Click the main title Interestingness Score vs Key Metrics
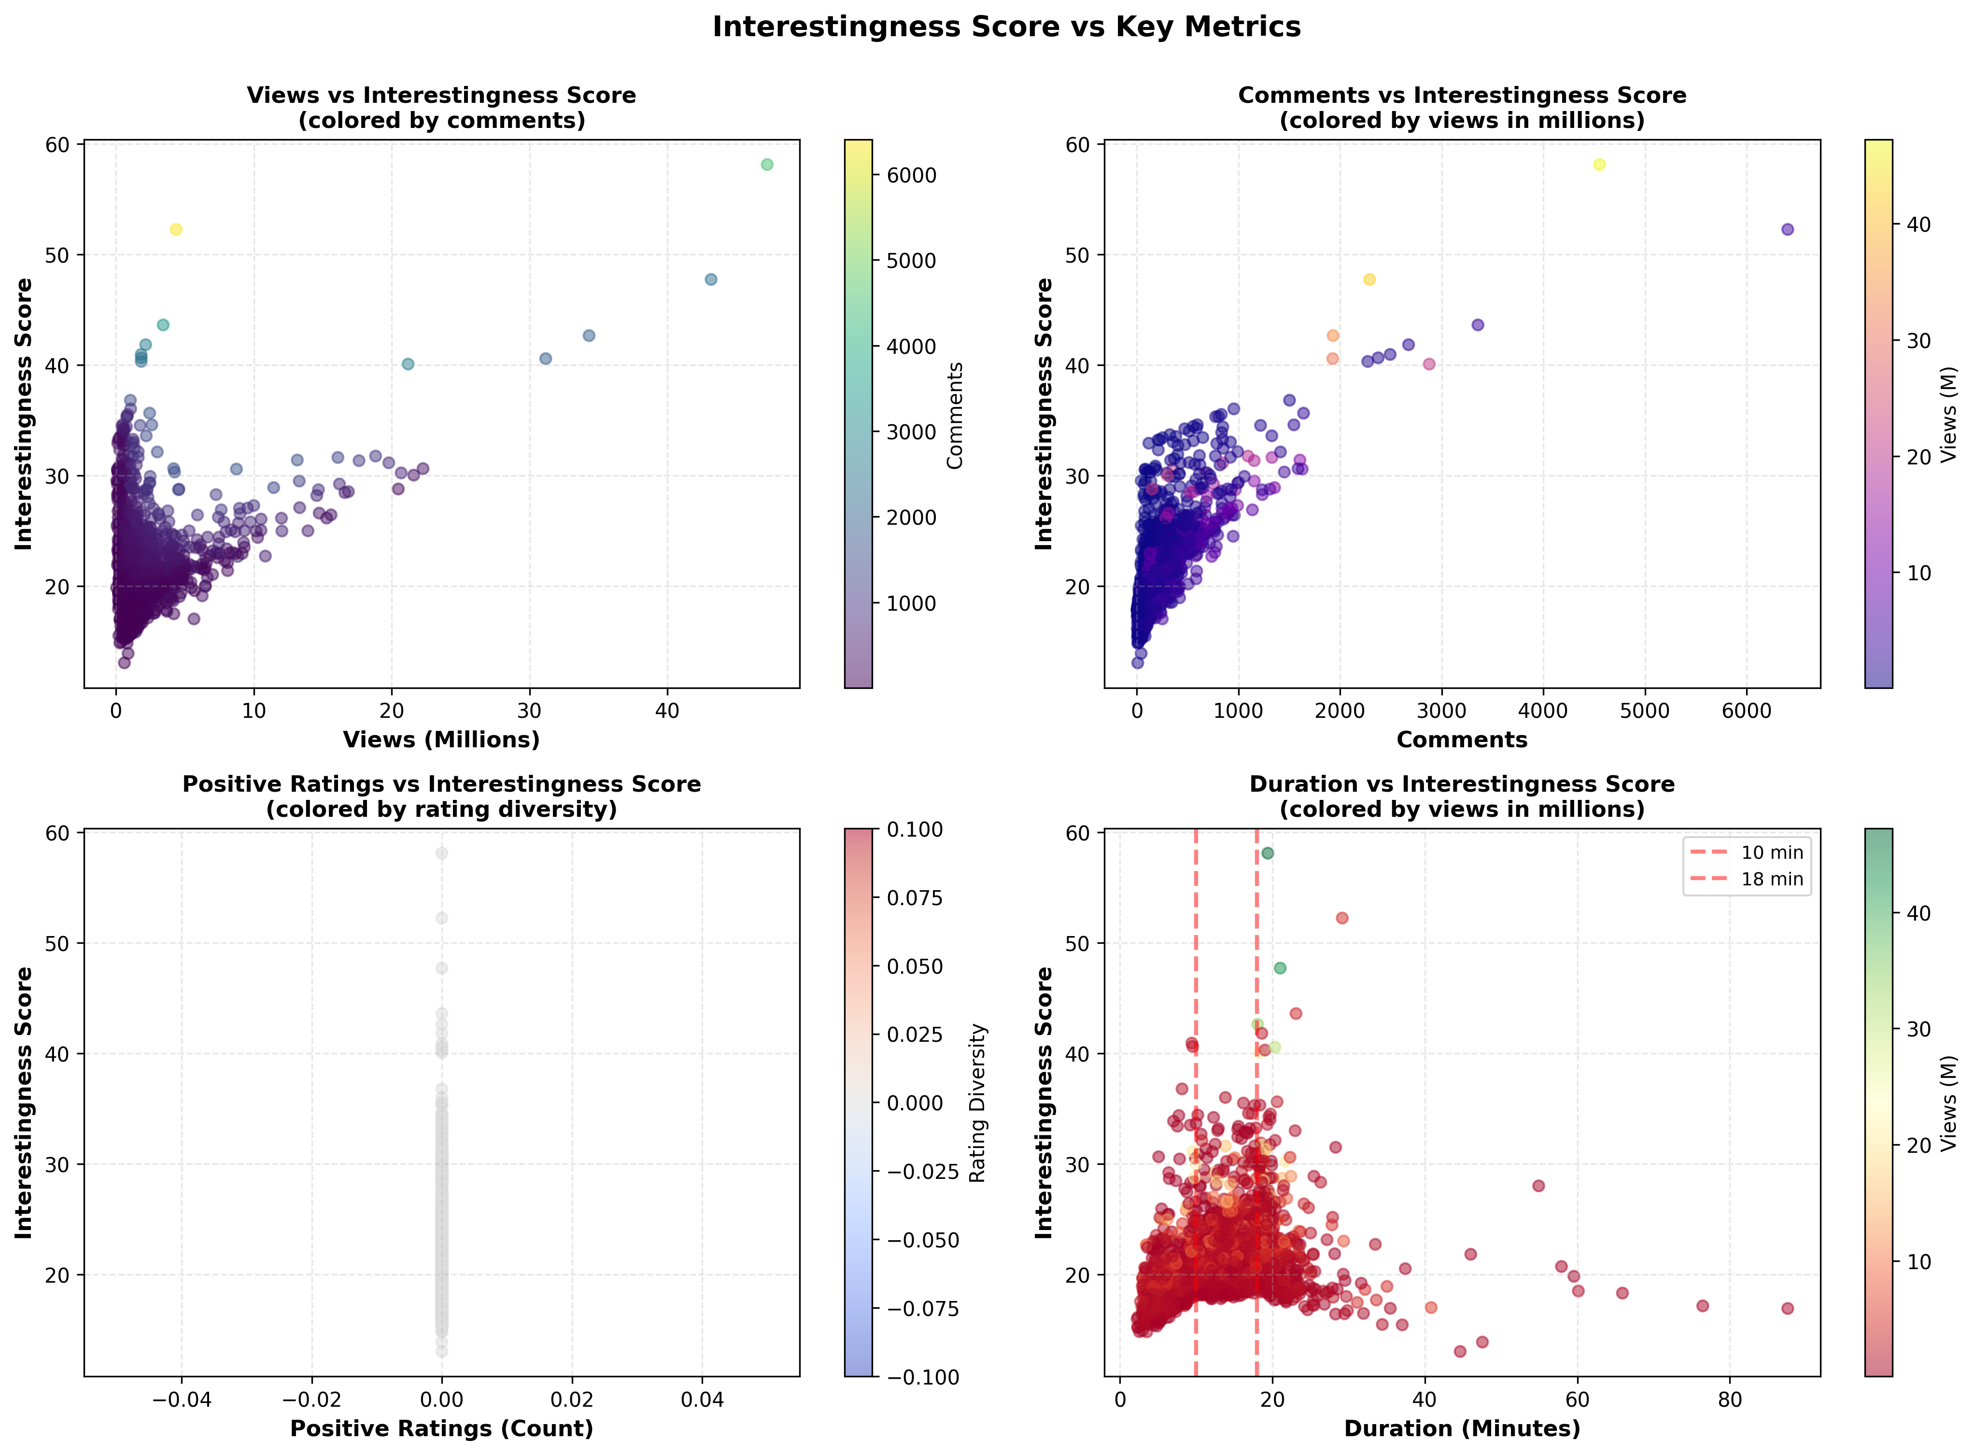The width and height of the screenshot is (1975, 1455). (x=1006, y=28)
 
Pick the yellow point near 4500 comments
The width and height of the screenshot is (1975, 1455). (x=1600, y=165)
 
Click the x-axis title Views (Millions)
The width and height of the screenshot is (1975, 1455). (x=441, y=740)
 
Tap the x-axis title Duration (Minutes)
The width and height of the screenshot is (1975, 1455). (x=1462, y=1428)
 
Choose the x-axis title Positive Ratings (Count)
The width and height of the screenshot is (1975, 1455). (x=441, y=1428)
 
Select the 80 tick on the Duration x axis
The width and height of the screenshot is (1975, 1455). (x=1730, y=1399)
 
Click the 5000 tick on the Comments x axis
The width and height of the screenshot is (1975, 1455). (x=1645, y=711)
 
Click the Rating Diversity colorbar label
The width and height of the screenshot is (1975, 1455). (x=978, y=1103)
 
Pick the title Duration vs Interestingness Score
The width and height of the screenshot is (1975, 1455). (x=1462, y=784)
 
